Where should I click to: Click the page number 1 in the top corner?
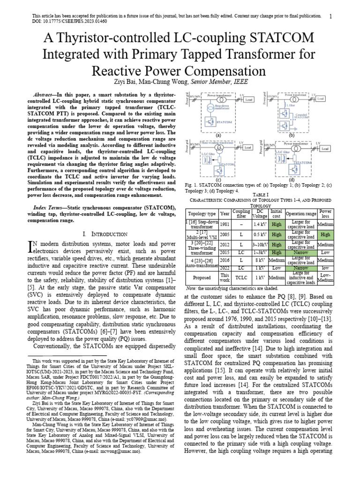coord(330,16)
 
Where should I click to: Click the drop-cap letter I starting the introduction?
coord(32,247)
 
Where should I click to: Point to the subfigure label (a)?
coord(218,135)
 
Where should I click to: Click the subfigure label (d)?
coord(292,180)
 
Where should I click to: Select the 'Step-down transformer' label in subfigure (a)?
coord(222,106)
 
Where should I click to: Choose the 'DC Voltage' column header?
coord(260,213)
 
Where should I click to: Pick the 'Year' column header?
coord(225,213)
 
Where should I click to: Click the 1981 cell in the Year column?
coord(225,224)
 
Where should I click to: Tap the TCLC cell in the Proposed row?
coord(242,277)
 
